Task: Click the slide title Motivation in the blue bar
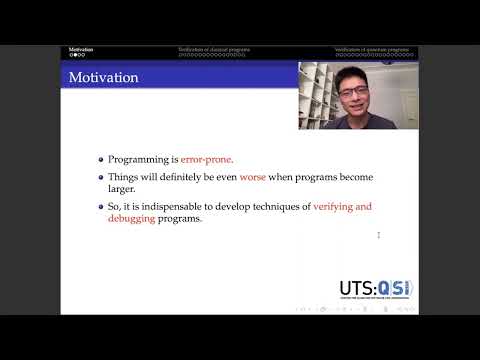point(103,77)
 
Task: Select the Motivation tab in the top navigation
point(81,48)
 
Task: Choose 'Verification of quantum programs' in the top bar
point(373,48)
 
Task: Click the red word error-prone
point(206,158)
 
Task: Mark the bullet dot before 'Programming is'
point(100,158)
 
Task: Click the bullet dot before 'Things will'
point(100,177)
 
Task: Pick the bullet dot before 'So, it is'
point(100,206)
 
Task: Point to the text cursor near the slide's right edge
point(378,235)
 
